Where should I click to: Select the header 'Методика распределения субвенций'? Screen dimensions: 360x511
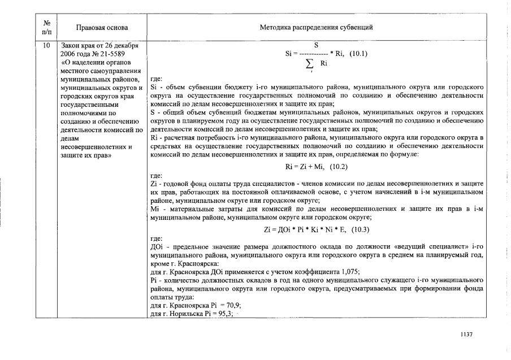pyautogui.click(x=316, y=27)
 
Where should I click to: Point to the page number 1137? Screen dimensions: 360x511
pyautogui.click(x=466, y=334)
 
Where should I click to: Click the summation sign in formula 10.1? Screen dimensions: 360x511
pyautogui.click(x=309, y=64)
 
